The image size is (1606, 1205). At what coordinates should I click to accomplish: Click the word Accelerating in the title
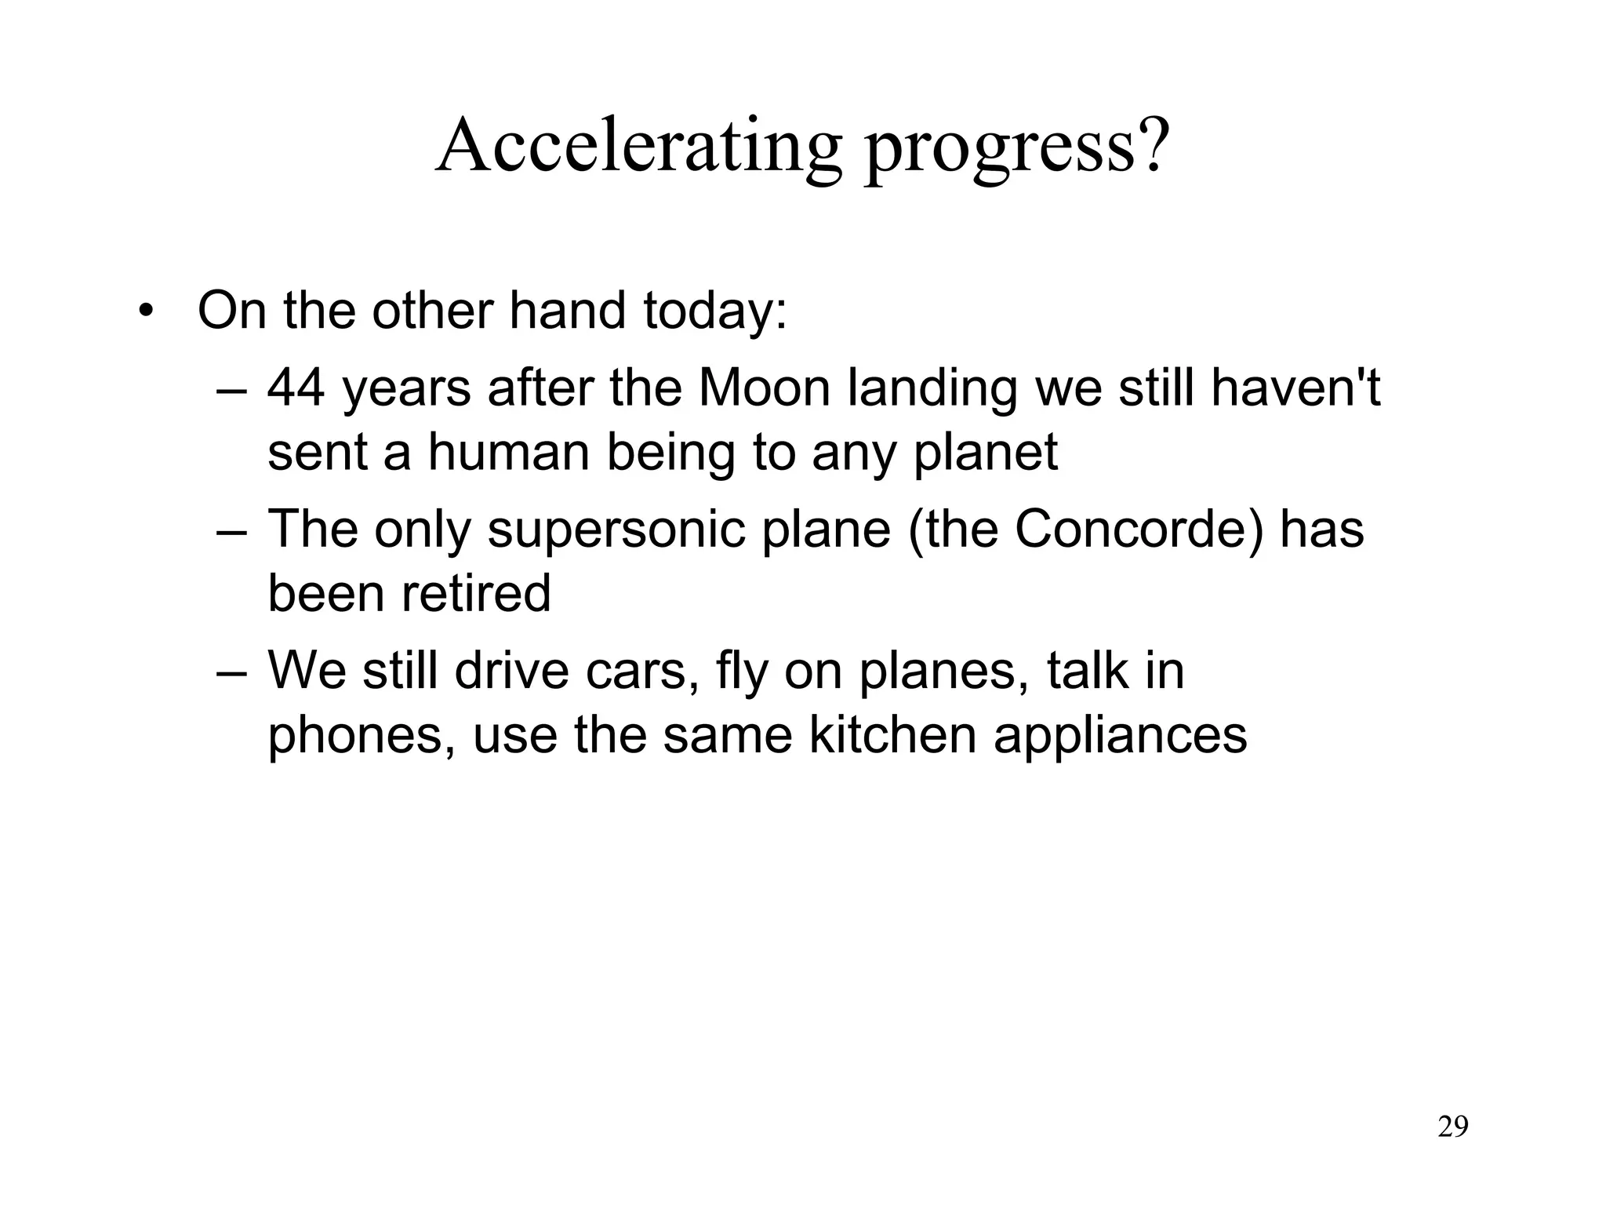[x=638, y=146]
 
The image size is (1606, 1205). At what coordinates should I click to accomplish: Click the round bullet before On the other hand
[x=144, y=312]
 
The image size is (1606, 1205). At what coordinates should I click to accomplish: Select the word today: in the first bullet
[x=714, y=311]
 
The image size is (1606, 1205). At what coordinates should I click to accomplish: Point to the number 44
[x=296, y=388]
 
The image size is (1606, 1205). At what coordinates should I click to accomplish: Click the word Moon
[x=763, y=388]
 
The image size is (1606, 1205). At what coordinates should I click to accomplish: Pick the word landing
[x=932, y=391]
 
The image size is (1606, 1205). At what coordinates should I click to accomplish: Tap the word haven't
[x=1295, y=388]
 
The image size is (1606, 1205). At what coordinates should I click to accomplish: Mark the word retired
[x=476, y=593]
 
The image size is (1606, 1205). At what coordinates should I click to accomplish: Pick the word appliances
[x=1120, y=737]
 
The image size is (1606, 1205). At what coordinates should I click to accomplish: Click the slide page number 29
[x=1453, y=1127]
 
